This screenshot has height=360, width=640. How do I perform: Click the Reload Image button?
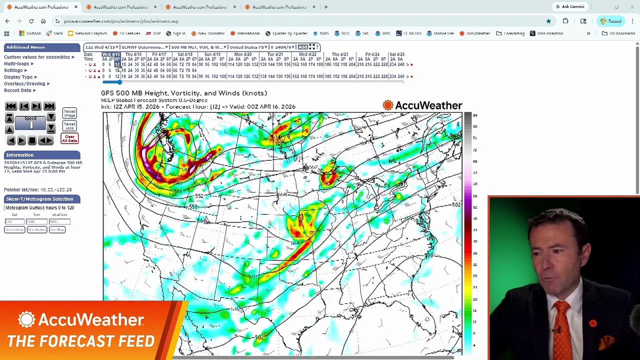[x=69, y=113]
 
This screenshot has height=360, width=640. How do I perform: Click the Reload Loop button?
[x=69, y=126]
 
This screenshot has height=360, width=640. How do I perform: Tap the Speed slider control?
[x=30, y=123]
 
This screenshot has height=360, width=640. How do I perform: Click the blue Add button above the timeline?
[x=302, y=47]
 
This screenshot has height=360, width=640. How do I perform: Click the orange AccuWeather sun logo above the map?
[x=387, y=105]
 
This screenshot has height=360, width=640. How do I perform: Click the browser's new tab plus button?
[x=325, y=7]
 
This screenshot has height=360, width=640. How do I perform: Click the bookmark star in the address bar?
[x=548, y=21]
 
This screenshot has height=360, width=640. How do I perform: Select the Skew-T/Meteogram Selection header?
[x=39, y=199]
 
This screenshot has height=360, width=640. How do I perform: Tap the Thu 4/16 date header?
[x=133, y=54]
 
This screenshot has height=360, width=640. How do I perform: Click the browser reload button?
[x=31, y=21]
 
